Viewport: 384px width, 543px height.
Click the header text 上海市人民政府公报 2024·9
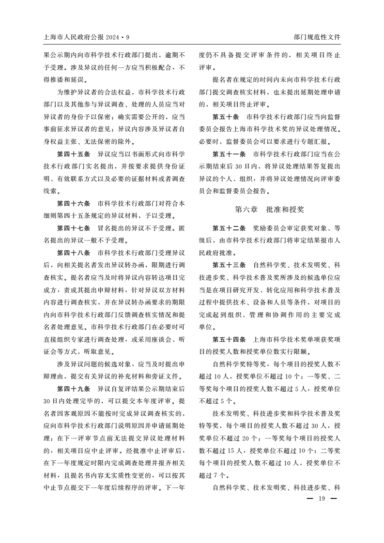[86, 37]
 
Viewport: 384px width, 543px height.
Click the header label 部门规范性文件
[317, 37]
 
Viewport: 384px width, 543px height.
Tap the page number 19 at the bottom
[321, 499]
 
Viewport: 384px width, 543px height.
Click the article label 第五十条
[226, 117]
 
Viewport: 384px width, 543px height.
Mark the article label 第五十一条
[229, 155]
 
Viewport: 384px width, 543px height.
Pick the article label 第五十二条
[229, 228]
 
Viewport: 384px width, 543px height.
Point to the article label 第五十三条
[229, 265]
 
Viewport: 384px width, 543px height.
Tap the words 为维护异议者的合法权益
[94, 92]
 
